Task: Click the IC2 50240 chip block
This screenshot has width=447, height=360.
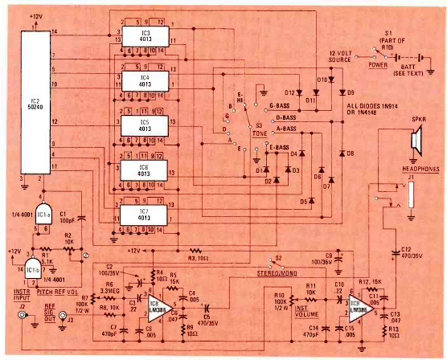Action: coord(35,102)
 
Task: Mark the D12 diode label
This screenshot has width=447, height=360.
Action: coord(288,93)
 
